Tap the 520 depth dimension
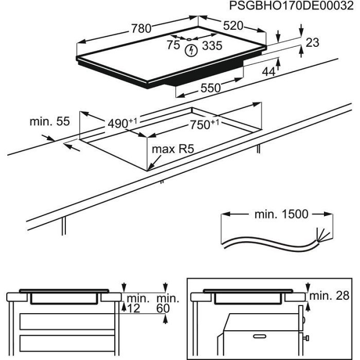click(232, 26)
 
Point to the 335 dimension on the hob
click(211, 46)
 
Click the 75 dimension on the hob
click(173, 45)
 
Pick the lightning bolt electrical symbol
click(192, 50)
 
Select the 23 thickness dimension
click(312, 43)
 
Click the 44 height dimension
click(268, 73)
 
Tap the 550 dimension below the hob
click(210, 88)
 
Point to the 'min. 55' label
click(49, 122)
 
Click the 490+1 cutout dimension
click(122, 123)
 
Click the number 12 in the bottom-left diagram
click(135, 308)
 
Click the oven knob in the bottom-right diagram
click(307, 337)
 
